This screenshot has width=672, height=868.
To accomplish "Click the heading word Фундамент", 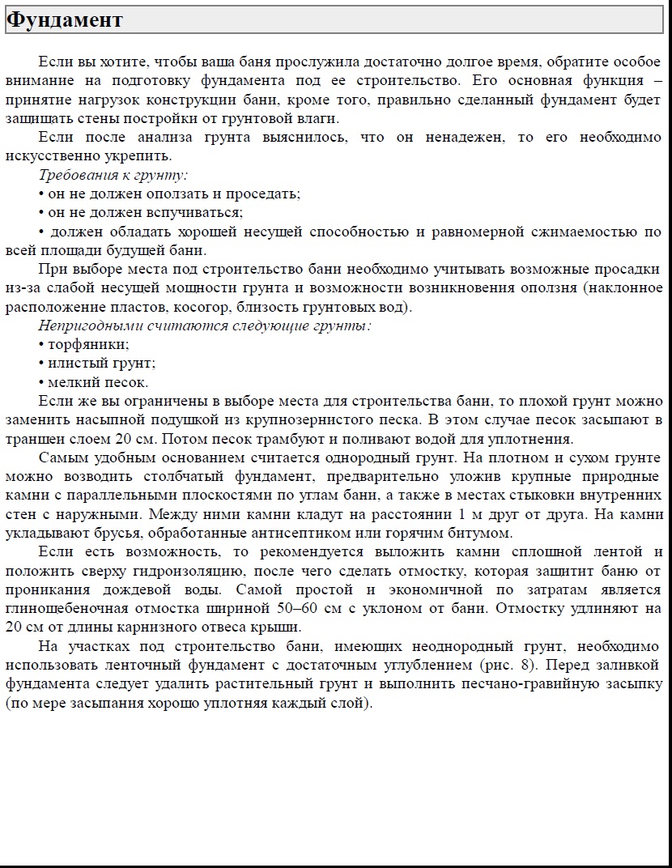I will point(65,20).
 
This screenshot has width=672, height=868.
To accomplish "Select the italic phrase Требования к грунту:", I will point(113,175).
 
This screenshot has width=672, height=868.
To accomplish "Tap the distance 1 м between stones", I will point(466,514).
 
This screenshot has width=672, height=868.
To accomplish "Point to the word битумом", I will point(485,534).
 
